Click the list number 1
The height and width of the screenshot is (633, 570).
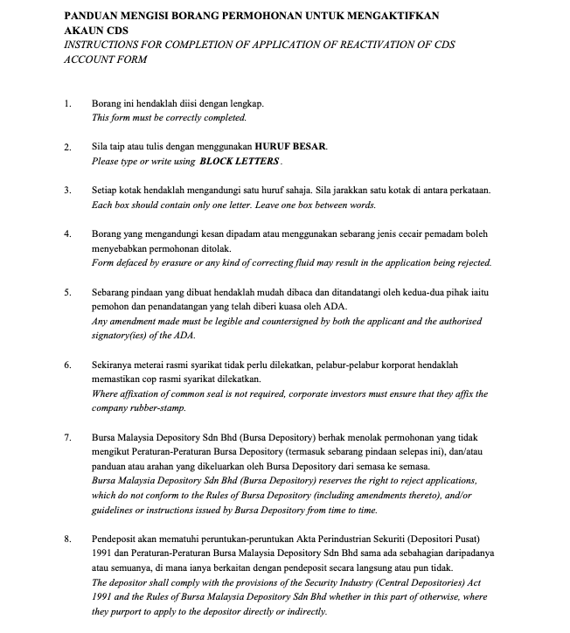pos(67,103)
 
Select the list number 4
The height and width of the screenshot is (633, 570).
pos(67,234)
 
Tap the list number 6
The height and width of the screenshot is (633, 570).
pos(67,365)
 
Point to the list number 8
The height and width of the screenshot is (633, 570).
pos(67,538)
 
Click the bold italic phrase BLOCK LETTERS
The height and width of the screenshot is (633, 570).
pos(240,162)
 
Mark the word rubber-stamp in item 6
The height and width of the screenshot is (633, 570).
pos(155,407)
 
